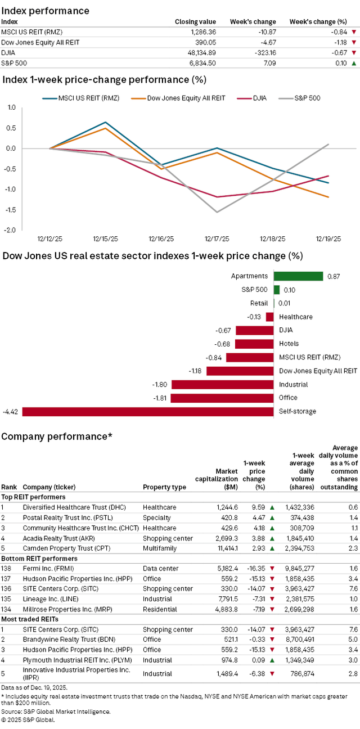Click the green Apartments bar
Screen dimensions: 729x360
pyautogui.click(x=298, y=276)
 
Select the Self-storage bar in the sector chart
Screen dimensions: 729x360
pyautogui.click(x=147, y=411)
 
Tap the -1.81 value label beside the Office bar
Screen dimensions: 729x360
pyautogui.click(x=160, y=398)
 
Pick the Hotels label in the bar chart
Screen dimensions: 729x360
pyautogui.click(x=289, y=344)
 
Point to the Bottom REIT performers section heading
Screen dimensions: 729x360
pyautogui.click(x=33, y=559)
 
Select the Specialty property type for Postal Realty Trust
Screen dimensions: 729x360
pyautogui.click(x=156, y=517)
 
